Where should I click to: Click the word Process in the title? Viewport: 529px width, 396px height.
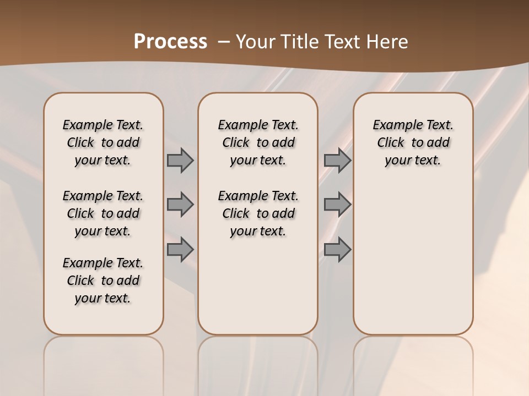coord(170,41)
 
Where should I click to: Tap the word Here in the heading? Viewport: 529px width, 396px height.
coord(388,41)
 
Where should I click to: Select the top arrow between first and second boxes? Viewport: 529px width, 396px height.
coord(180,161)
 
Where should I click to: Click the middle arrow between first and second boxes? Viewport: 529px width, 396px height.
coord(180,205)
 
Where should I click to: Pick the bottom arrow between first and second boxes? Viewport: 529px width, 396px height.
coord(180,250)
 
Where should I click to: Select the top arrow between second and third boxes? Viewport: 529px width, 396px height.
coord(337,161)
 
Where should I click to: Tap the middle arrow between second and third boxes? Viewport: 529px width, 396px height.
coord(337,205)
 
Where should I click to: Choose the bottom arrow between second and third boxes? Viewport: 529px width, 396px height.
coord(337,250)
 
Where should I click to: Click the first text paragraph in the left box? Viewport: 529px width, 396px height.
coord(103,142)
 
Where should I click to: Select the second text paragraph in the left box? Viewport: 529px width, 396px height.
coord(103,213)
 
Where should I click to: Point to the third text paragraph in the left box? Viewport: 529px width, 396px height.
coord(103,280)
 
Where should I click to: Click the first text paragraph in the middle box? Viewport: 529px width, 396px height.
coord(258,142)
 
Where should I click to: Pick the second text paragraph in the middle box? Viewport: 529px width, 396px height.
coord(258,213)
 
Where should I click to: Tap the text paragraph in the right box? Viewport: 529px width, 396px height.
coord(413,142)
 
